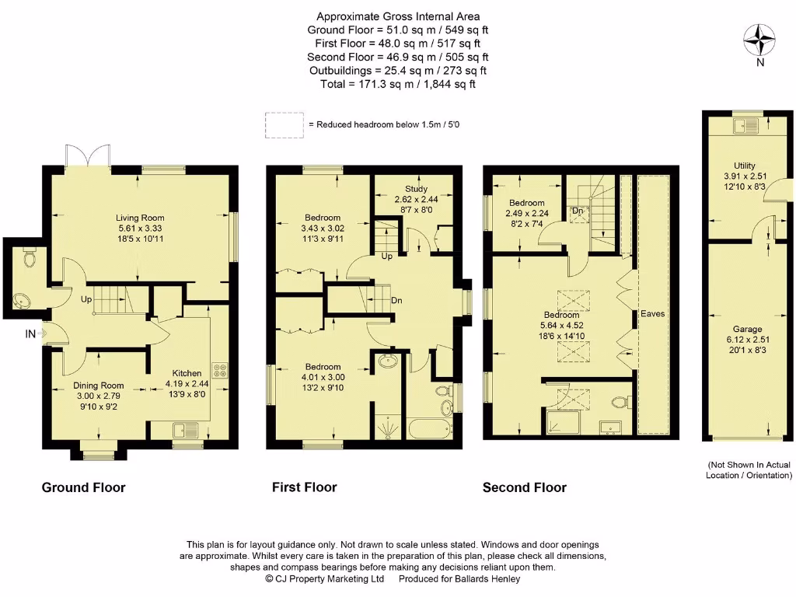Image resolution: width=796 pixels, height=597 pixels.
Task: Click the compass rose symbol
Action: point(759,38)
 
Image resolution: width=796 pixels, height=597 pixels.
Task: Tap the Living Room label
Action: point(140,218)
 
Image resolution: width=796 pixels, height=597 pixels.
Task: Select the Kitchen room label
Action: point(187,373)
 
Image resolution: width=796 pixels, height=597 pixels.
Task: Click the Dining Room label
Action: point(99,385)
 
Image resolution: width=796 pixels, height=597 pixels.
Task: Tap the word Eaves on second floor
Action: point(652,314)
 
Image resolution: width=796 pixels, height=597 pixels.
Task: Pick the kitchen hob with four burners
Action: point(219,371)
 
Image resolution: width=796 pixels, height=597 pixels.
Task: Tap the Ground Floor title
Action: point(83,487)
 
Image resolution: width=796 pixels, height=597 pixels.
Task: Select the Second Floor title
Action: point(524,487)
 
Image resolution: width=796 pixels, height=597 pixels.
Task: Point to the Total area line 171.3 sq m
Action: point(397,84)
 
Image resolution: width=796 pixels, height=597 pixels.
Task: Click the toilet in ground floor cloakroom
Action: point(30,257)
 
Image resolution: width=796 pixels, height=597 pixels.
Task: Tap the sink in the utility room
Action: point(749,127)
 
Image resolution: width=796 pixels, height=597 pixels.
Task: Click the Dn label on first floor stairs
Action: point(396,300)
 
